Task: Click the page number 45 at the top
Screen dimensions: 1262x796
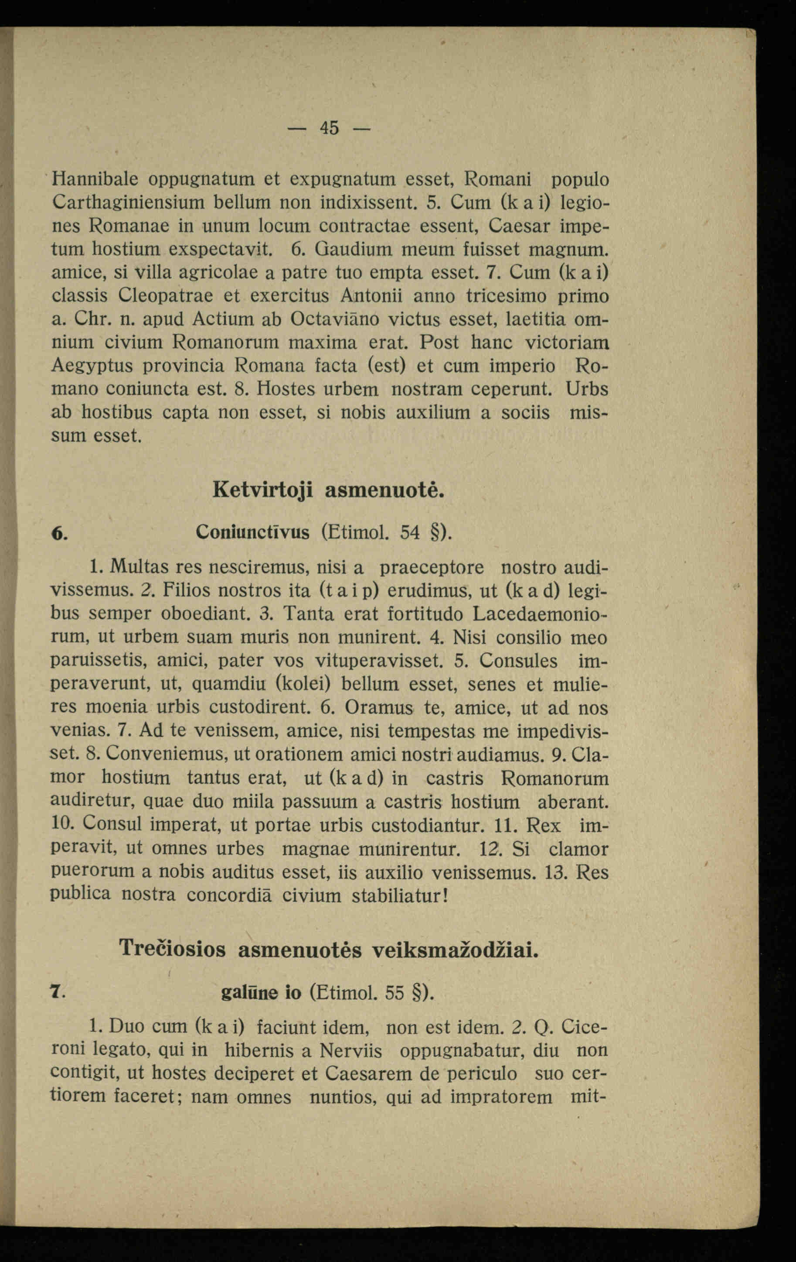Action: coord(330,128)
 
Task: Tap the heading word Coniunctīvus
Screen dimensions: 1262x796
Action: coord(252,532)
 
